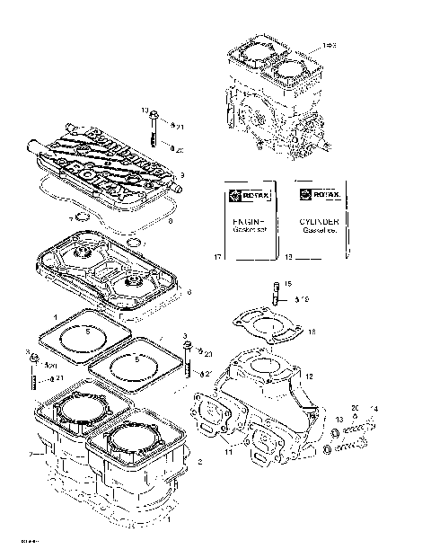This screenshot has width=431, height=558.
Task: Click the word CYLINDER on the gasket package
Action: coord(319,219)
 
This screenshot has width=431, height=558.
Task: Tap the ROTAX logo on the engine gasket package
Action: coord(249,193)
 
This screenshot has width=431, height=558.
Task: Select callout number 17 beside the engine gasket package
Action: coord(217,258)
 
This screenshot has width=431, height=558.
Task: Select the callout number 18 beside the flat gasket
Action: coord(311,332)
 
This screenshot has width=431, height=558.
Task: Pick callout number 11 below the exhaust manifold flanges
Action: coord(227,452)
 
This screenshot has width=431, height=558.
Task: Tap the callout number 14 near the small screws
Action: coord(374,409)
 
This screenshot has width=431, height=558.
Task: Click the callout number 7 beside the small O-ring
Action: coord(71,219)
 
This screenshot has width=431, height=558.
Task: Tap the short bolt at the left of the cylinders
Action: coord(33,377)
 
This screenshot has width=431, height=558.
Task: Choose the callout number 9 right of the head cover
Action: coord(182,175)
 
